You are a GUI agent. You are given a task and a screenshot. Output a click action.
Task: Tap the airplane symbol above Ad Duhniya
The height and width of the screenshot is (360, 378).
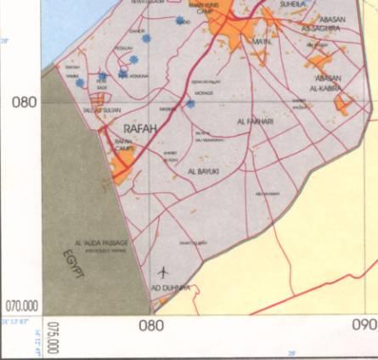pyautogui.click(x=163, y=272)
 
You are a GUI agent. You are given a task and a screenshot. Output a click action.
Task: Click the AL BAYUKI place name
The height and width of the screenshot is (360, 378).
pyautogui.click(x=203, y=171)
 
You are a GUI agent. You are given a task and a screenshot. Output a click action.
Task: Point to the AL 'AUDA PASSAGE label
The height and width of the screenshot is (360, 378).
pyautogui.click(x=100, y=243)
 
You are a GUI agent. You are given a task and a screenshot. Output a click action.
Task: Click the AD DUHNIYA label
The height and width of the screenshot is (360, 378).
pyautogui.click(x=170, y=289)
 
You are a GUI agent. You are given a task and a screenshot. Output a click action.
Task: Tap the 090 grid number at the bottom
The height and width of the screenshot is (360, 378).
pyautogui.click(x=363, y=324)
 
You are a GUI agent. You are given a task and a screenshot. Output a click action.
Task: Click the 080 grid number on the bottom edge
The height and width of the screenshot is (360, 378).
pyautogui.click(x=150, y=324)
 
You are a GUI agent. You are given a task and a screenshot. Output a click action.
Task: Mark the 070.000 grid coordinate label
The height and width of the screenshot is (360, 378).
pyautogui.click(x=23, y=305)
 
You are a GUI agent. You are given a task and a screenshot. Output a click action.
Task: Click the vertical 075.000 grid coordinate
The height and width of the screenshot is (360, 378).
pyautogui.click(x=53, y=337)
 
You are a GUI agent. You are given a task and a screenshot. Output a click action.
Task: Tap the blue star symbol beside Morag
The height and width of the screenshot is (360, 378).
pyautogui.click(x=190, y=104)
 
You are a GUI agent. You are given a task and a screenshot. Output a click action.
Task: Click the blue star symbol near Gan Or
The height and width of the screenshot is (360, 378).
pyautogui.click(x=146, y=37)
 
